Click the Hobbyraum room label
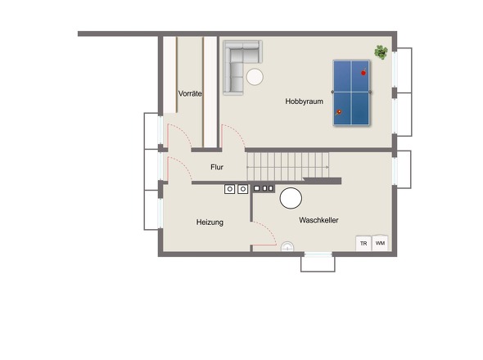[x=304, y=101]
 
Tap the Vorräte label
[x=190, y=93]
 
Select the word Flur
[x=217, y=167]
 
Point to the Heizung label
[x=210, y=222]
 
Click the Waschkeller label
[x=318, y=220]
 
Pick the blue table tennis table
[x=351, y=92]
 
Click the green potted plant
[x=381, y=52]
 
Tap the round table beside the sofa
[x=255, y=77]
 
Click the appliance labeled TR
[x=363, y=243]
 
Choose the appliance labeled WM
[x=380, y=243]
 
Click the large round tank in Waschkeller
[x=291, y=198]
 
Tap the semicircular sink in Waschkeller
[x=287, y=246]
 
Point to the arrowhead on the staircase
[x=327, y=167]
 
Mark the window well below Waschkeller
[x=318, y=263]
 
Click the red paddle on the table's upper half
[x=363, y=72]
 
